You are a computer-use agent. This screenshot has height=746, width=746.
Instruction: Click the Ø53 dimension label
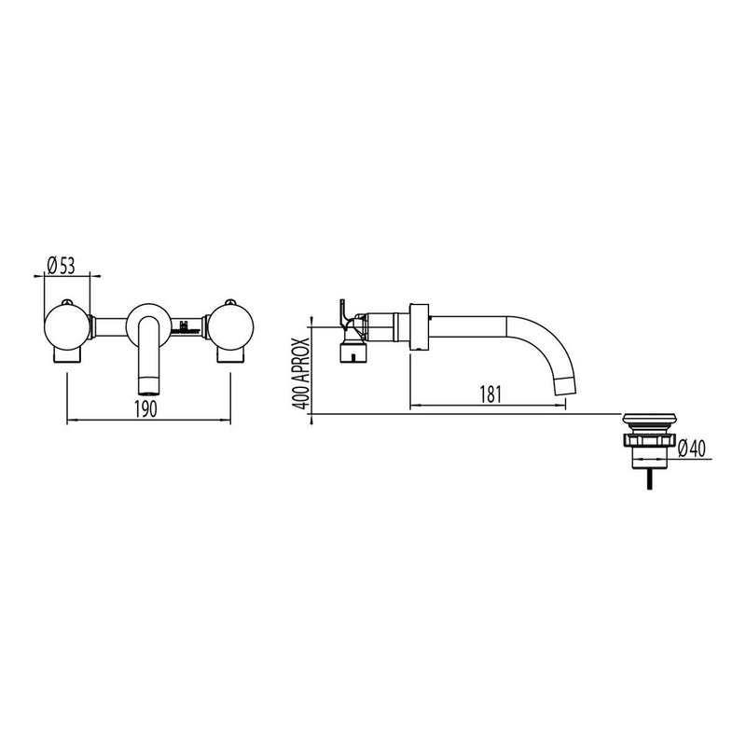[62, 266]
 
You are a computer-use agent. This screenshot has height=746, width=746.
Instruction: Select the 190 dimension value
[145, 408]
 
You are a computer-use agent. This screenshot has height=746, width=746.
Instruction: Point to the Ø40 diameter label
[692, 448]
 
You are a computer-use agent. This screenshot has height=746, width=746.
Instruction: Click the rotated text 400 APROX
[301, 374]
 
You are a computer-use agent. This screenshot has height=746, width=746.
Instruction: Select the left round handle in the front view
[66, 326]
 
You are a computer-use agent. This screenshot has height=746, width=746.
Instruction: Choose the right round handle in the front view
[230, 326]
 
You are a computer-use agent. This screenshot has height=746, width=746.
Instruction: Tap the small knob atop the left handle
[67, 301]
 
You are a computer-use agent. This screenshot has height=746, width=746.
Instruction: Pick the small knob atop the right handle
[230, 301]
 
